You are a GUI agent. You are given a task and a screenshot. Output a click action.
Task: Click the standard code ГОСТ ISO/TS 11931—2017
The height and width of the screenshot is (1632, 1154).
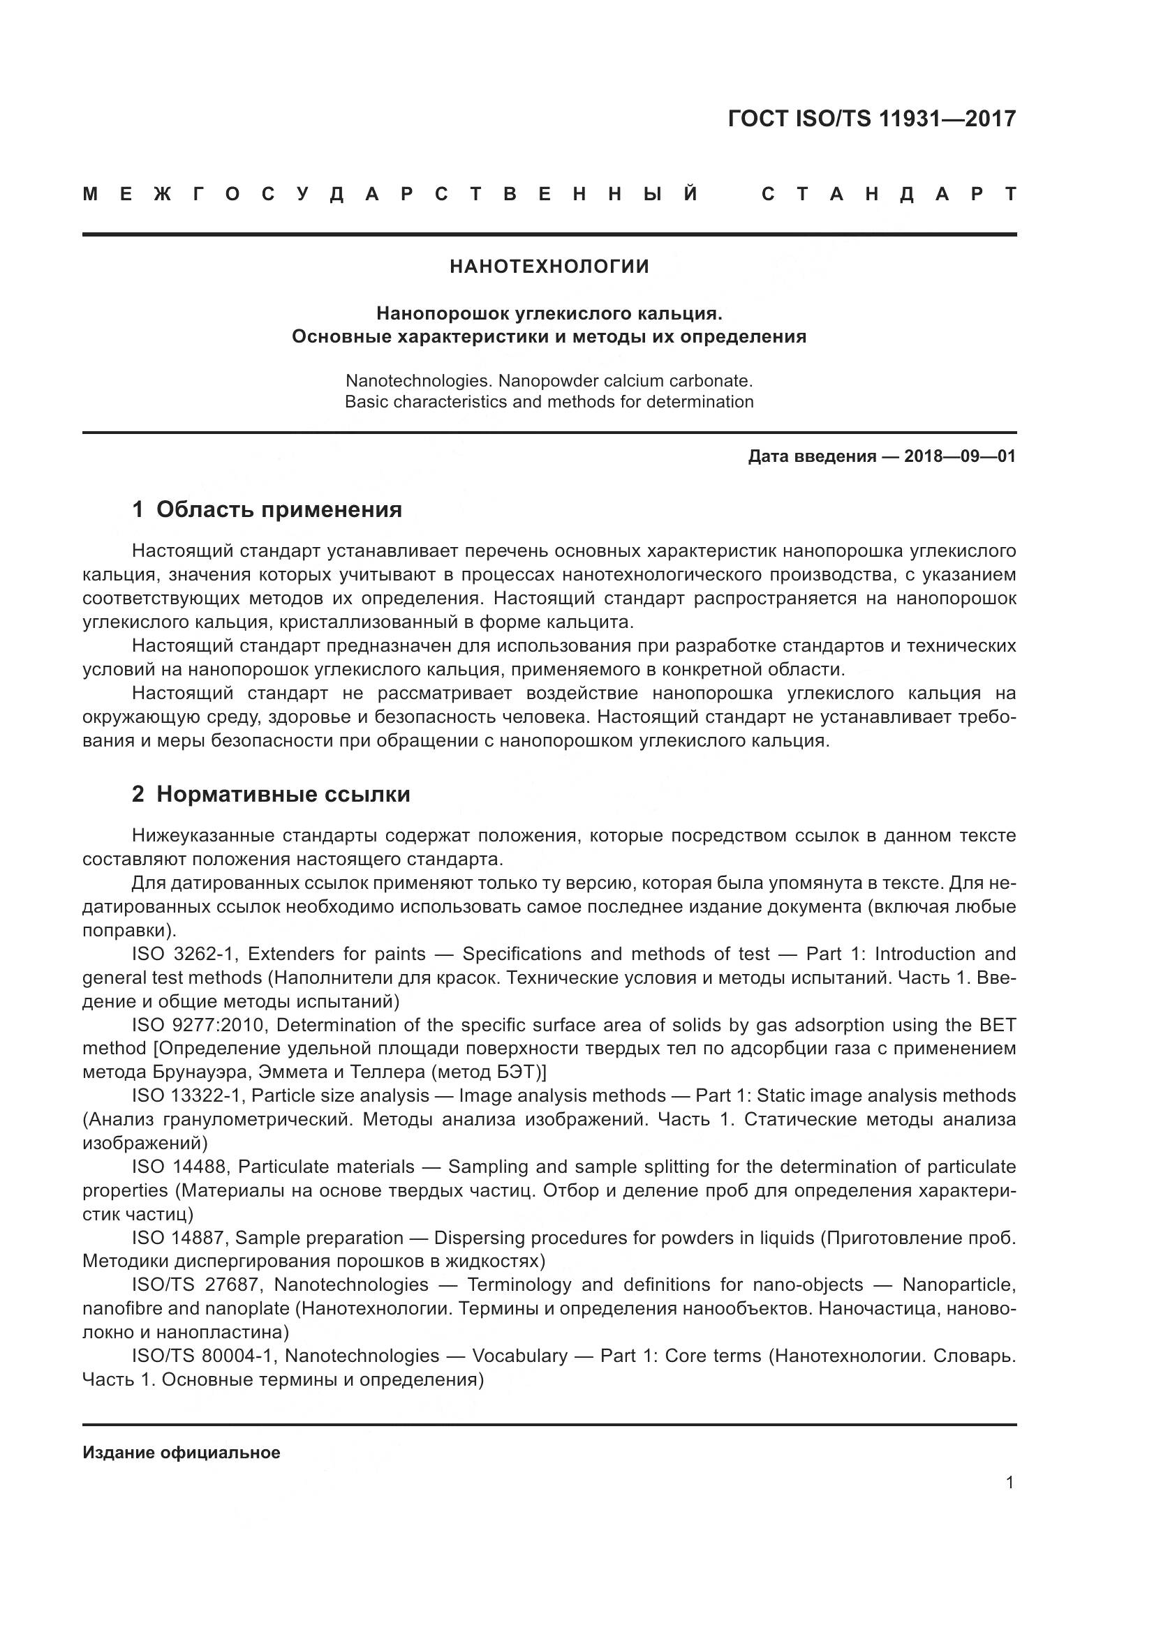(872, 119)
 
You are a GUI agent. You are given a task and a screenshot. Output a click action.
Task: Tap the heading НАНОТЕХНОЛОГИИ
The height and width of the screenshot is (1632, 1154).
(549, 267)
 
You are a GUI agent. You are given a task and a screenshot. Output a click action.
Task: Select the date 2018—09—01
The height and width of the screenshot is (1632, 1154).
(959, 456)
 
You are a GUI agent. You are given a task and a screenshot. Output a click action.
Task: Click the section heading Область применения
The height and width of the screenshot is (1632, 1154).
(279, 509)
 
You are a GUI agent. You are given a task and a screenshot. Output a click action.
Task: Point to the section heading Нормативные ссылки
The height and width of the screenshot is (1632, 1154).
(283, 795)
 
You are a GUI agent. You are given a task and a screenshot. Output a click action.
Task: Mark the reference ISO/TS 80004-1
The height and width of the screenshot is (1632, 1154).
(202, 1356)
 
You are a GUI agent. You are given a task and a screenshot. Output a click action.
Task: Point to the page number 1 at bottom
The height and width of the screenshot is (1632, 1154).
(1009, 1483)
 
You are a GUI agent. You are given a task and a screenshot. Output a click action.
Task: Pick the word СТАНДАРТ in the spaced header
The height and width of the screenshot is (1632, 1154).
(888, 195)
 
